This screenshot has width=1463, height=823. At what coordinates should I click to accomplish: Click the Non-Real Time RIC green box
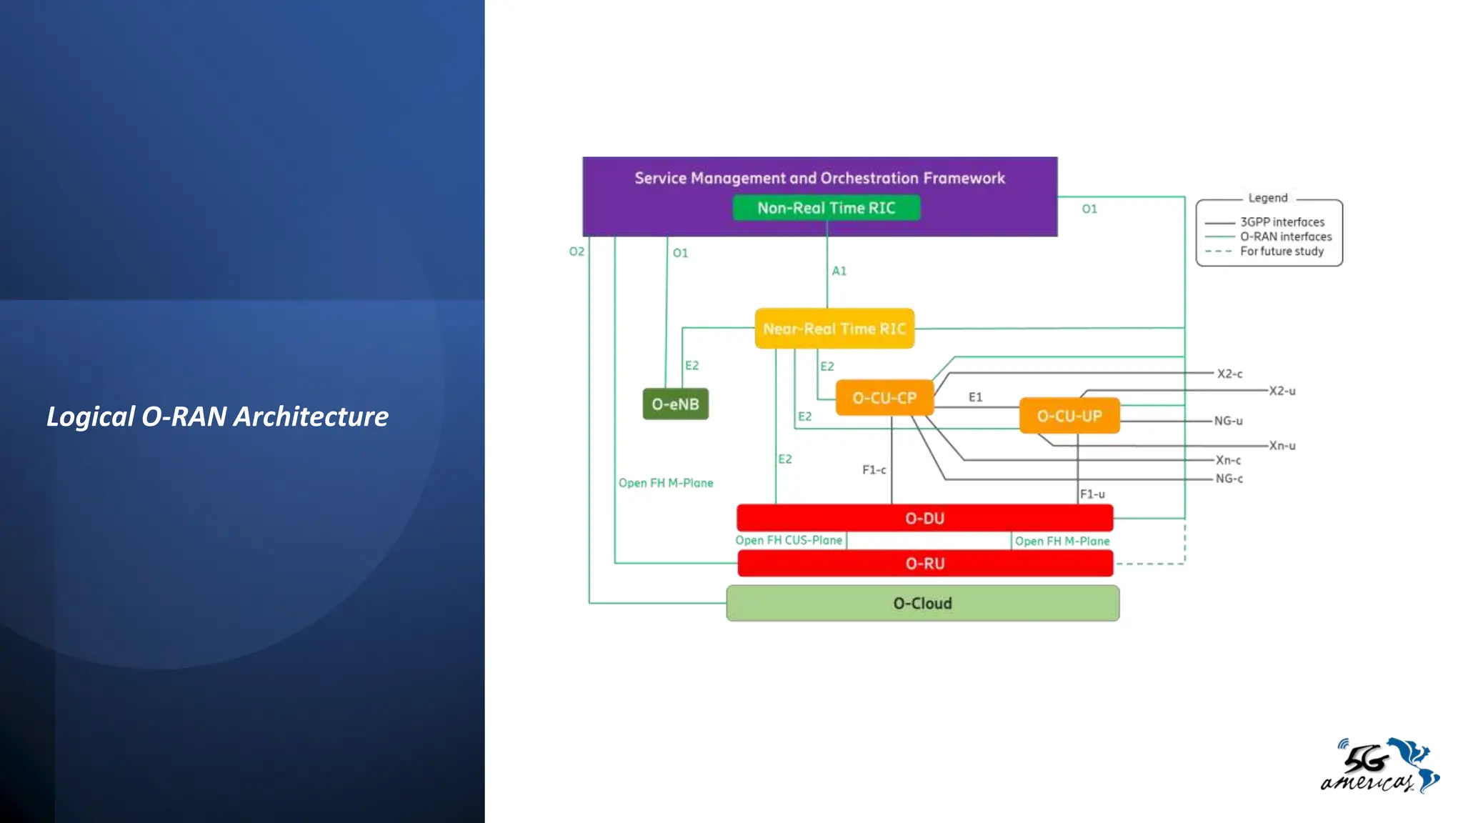[x=827, y=208]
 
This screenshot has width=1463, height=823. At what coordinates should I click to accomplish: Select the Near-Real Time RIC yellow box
[x=834, y=329]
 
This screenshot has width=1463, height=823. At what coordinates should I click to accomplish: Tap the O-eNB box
[x=675, y=404]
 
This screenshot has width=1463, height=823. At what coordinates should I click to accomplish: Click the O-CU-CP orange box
[x=884, y=398]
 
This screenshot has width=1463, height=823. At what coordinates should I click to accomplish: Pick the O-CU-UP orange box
[x=1069, y=416]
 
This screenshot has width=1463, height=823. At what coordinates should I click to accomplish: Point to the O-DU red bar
[x=924, y=518]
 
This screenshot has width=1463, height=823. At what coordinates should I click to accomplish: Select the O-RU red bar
[x=924, y=564]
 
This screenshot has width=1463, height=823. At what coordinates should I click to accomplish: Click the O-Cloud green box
[x=922, y=604]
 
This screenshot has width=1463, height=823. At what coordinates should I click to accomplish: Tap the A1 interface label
[x=839, y=271]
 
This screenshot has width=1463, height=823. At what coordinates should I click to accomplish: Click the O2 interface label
[x=576, y=251]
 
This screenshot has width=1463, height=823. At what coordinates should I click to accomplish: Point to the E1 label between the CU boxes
[x=975, y=397]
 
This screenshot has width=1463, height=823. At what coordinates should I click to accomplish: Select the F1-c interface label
[x=874, y=470]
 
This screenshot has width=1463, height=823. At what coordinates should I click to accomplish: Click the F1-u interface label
[x=1092, y=494]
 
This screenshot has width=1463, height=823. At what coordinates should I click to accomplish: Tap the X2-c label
[x=1229, y=374]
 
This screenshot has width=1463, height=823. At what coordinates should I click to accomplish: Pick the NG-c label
[x=1229, y=479]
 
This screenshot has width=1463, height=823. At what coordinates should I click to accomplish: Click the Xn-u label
[x=1282, y=446]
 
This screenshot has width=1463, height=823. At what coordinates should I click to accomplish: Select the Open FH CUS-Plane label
[x=789, y=541]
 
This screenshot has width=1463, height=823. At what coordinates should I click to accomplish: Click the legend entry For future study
[x=1282, y=251]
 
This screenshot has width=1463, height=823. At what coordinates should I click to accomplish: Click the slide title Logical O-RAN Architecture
[x=217, y=417]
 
